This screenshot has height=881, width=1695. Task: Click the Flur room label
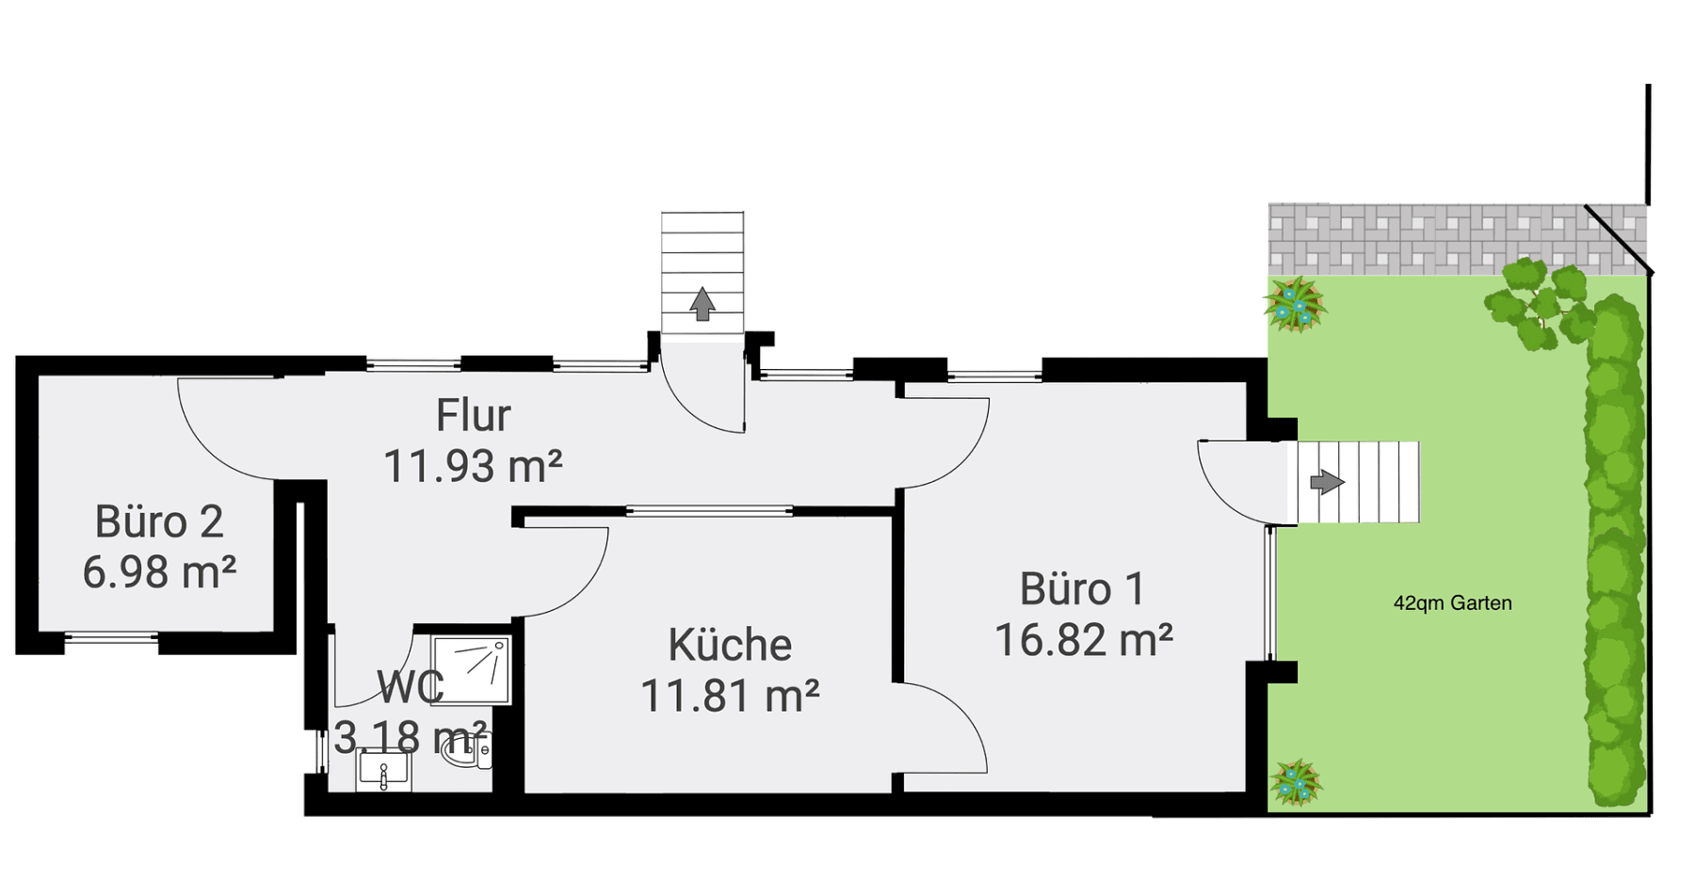473,415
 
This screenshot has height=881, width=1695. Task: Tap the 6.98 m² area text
159,572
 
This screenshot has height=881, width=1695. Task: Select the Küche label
730,646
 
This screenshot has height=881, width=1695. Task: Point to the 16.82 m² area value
1083,641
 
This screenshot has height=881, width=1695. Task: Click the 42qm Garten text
1452,603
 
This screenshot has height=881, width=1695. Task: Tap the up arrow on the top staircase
702,304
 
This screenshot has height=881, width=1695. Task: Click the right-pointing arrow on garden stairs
1327,482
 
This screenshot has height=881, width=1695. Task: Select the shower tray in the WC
471,669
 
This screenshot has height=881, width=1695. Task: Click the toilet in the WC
468,749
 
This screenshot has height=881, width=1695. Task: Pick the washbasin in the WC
383,770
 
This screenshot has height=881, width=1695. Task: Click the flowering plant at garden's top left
1295,304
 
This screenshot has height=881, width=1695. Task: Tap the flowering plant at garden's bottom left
1296,782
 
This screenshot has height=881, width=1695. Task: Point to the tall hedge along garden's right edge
1615,555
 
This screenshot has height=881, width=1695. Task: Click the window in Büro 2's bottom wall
111,638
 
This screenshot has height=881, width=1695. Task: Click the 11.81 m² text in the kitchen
730,697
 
